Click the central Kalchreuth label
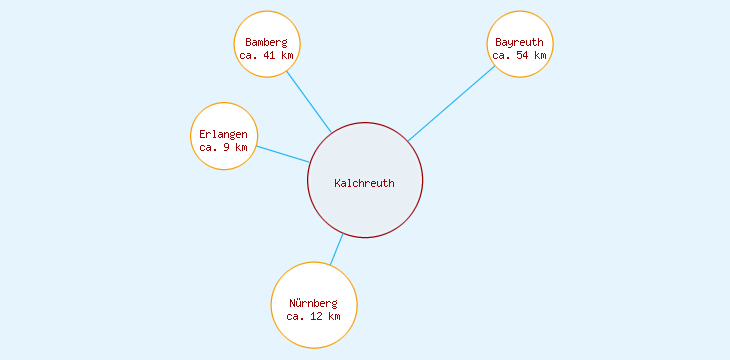[365, 183]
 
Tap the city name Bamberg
[266, 42]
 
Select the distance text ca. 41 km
[266, 56]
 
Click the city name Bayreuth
[519, 42]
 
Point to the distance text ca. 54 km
[519, 56]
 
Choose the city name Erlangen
[223, 134]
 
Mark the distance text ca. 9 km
[223, 147]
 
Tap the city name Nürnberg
[314, 303]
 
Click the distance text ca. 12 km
[314, 316]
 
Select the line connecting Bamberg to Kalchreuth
[309, 102]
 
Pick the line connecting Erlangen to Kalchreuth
[283, 154]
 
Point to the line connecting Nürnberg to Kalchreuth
[337, 249]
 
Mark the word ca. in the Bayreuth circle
[501, 56]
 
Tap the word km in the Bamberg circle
[287, 56]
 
